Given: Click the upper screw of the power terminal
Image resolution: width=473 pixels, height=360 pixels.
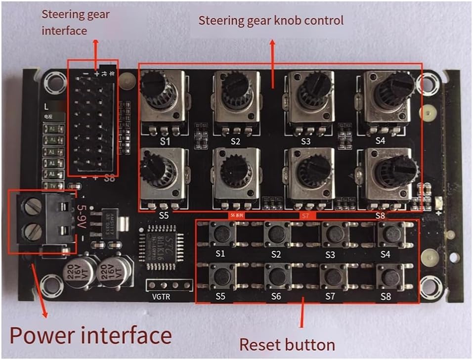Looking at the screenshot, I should tap(31, 204).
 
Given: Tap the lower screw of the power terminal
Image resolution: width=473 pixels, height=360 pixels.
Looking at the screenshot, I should tap(31, 230).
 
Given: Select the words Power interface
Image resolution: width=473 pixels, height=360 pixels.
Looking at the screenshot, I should tap(90, 336).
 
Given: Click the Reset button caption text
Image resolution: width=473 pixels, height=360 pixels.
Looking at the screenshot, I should tap(287, 344).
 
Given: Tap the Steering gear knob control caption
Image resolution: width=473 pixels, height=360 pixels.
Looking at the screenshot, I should tap(271, 21).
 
